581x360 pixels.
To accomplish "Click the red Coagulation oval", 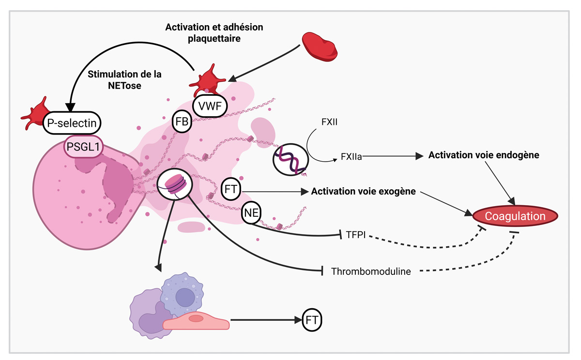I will (515, 216).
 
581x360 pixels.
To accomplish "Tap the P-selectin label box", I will (73, 124).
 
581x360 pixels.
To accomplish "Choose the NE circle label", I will (251, 213).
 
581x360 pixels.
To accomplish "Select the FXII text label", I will (329, 121).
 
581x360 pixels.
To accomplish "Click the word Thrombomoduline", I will (371, 271).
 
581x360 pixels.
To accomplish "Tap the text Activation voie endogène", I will (484, 155).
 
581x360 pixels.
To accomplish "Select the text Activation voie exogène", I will (364, 191).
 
